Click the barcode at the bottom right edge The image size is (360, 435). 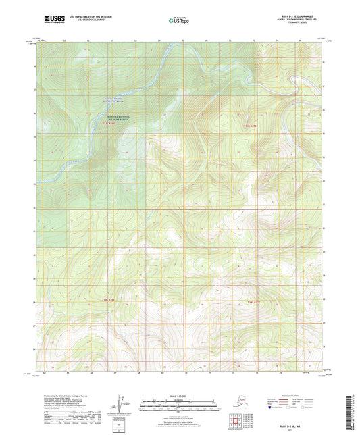tap(352, 409)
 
